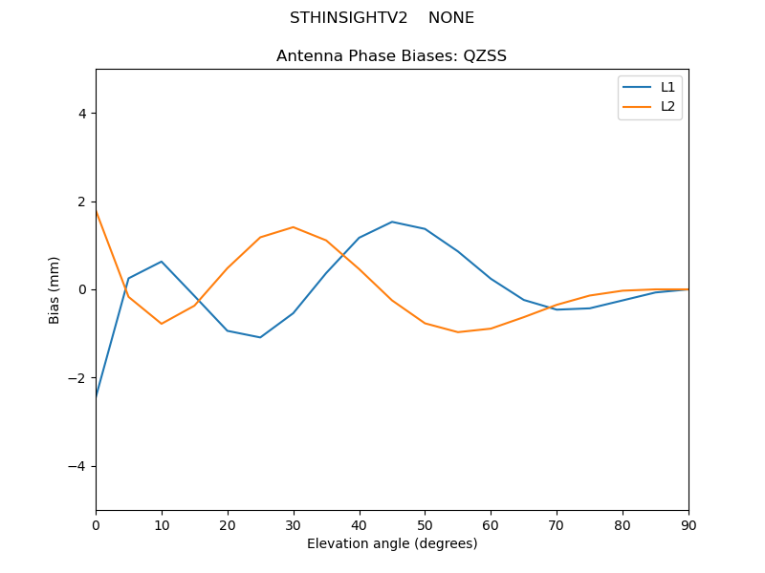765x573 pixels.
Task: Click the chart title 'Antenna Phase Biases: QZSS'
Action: point(391,55)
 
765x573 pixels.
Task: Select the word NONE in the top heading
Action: point(451,18)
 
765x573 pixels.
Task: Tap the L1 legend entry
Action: point(667,87)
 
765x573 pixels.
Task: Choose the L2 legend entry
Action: point(667,106)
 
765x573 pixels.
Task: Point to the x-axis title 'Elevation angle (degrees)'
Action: point(391,543)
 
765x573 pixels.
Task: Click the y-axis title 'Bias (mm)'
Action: point(55,289)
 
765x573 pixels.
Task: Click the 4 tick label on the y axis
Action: point(81,113)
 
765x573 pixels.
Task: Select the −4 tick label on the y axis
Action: point(77,466)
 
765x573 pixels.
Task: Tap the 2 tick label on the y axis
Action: point(81,202)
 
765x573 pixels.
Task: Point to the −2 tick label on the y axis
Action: point(77,378)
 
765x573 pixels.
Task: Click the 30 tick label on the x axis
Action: point(293,525)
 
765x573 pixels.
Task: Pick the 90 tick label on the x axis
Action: point(688,525)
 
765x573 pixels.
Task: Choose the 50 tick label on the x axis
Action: point(425,525)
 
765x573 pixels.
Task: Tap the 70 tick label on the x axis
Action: point(557,525)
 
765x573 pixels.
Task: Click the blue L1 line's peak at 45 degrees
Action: point(392,222)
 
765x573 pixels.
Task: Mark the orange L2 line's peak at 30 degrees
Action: point(293,227)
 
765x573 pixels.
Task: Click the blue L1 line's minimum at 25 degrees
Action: point(260,337)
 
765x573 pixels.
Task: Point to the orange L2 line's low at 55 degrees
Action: point(458,332)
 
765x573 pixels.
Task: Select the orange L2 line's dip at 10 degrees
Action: point(162,324)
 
